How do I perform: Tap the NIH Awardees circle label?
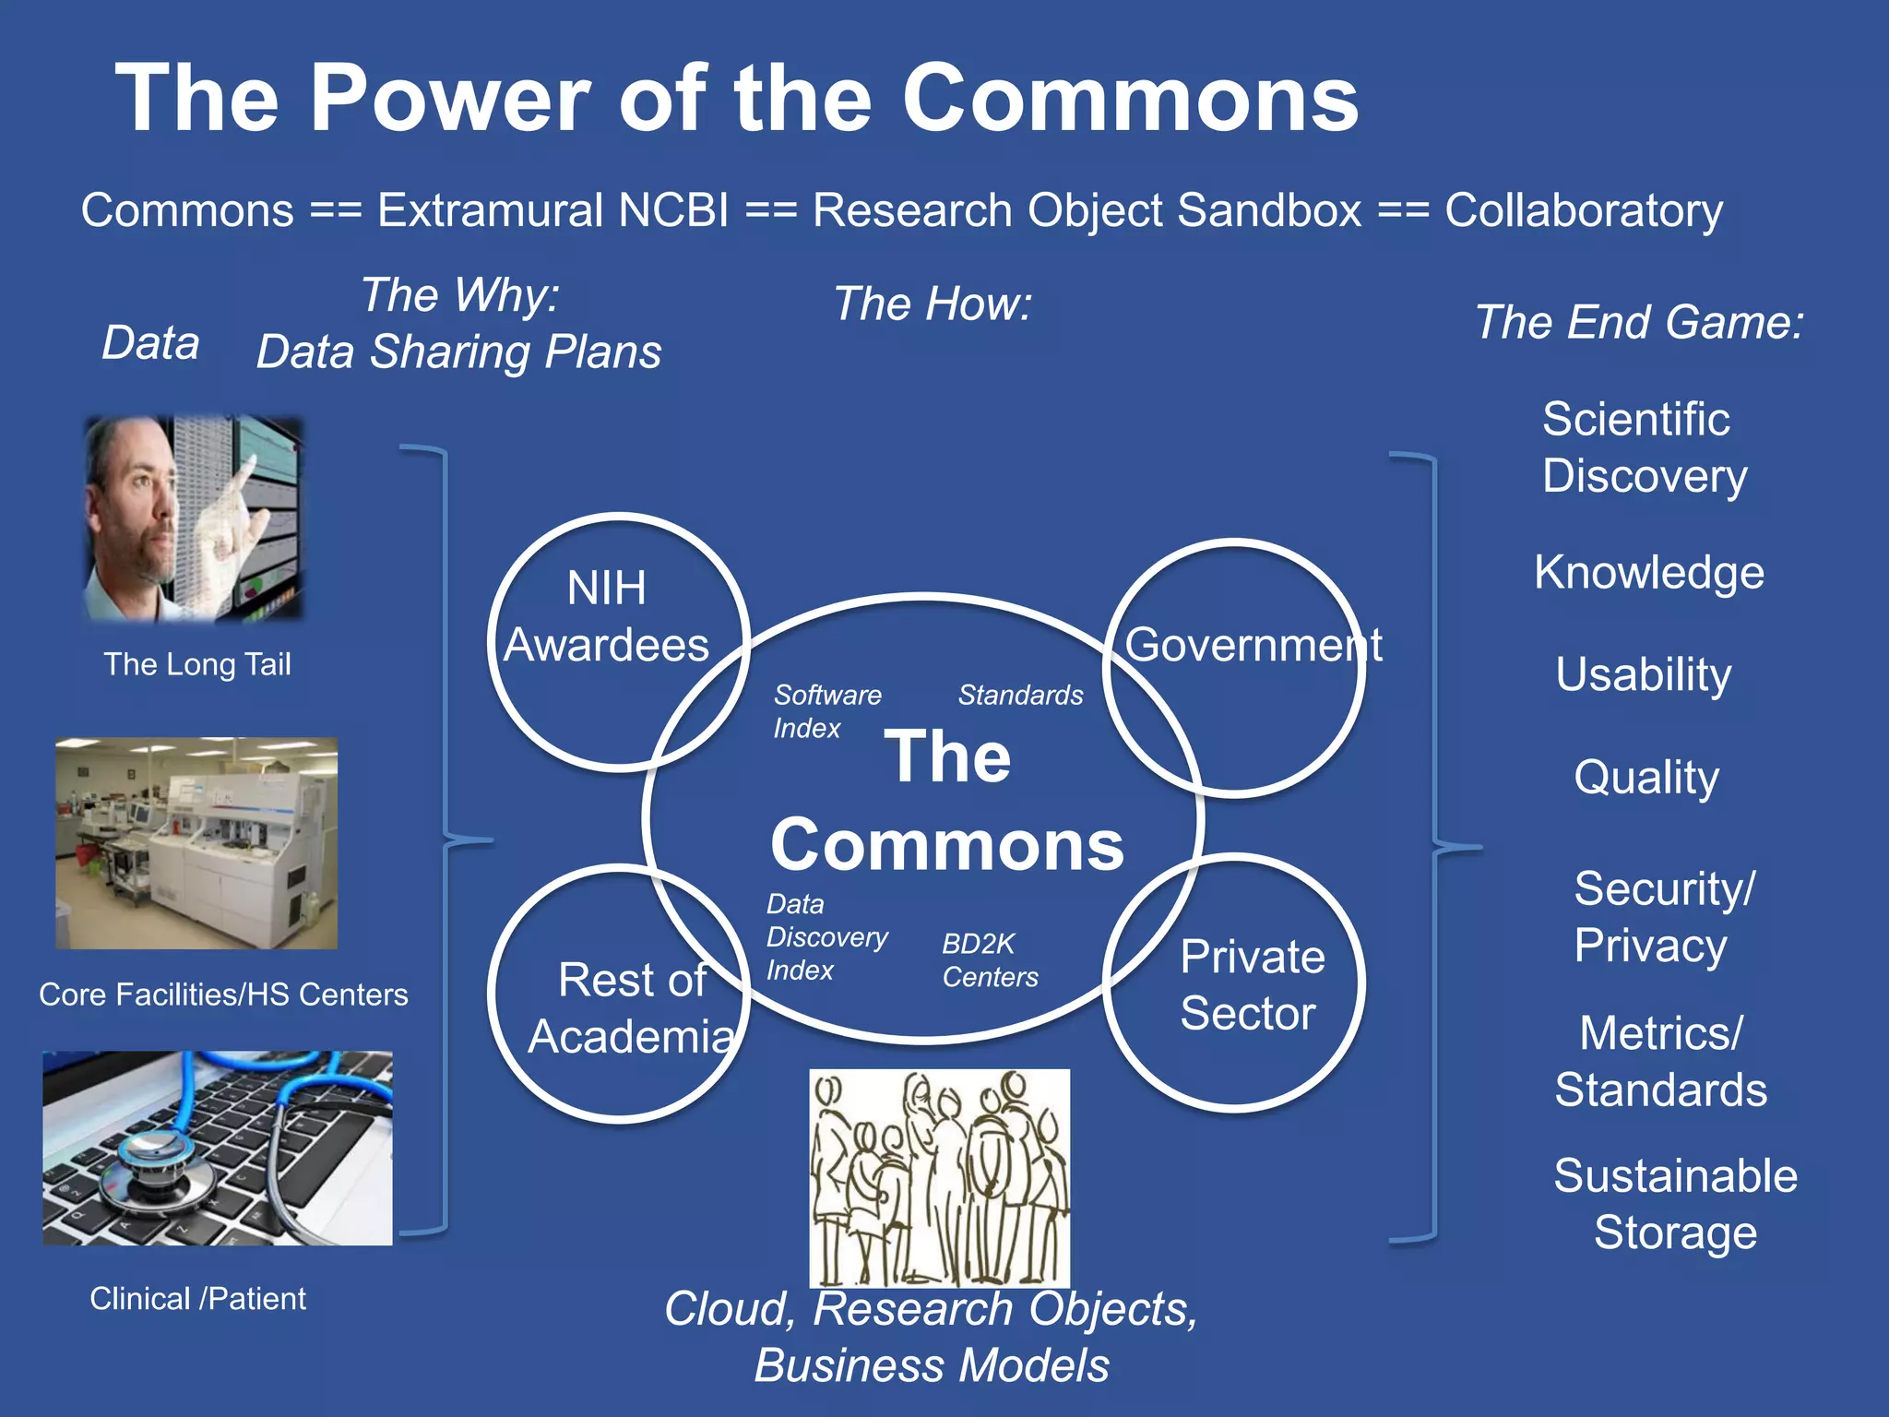click(x=606, y=616)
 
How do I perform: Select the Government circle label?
click(x=1253, y=644)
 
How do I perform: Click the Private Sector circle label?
click(x=1251, y=984)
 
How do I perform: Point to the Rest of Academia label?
click(x=632, y=1008)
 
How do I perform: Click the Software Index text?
click(x=826, y=711)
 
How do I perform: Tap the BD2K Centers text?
click(x=989, y=960)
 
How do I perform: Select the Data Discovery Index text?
click(x=826, y=936)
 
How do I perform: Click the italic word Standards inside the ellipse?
click(x=1020, y=695)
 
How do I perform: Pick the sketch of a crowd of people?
click(x=939, y=1178)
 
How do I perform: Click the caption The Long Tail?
click(x=196, y=664)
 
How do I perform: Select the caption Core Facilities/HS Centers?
click(x=223, y=994)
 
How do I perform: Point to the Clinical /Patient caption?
click(x=197, y=1299)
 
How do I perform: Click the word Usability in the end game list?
click(x=1643, y=674)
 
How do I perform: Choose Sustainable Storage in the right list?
click(x=1675, y=1204)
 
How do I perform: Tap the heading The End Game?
click(x=1639, y=323)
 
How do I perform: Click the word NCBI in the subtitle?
click(x=673, y=210)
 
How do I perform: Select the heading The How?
click(x=933, y=304)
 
